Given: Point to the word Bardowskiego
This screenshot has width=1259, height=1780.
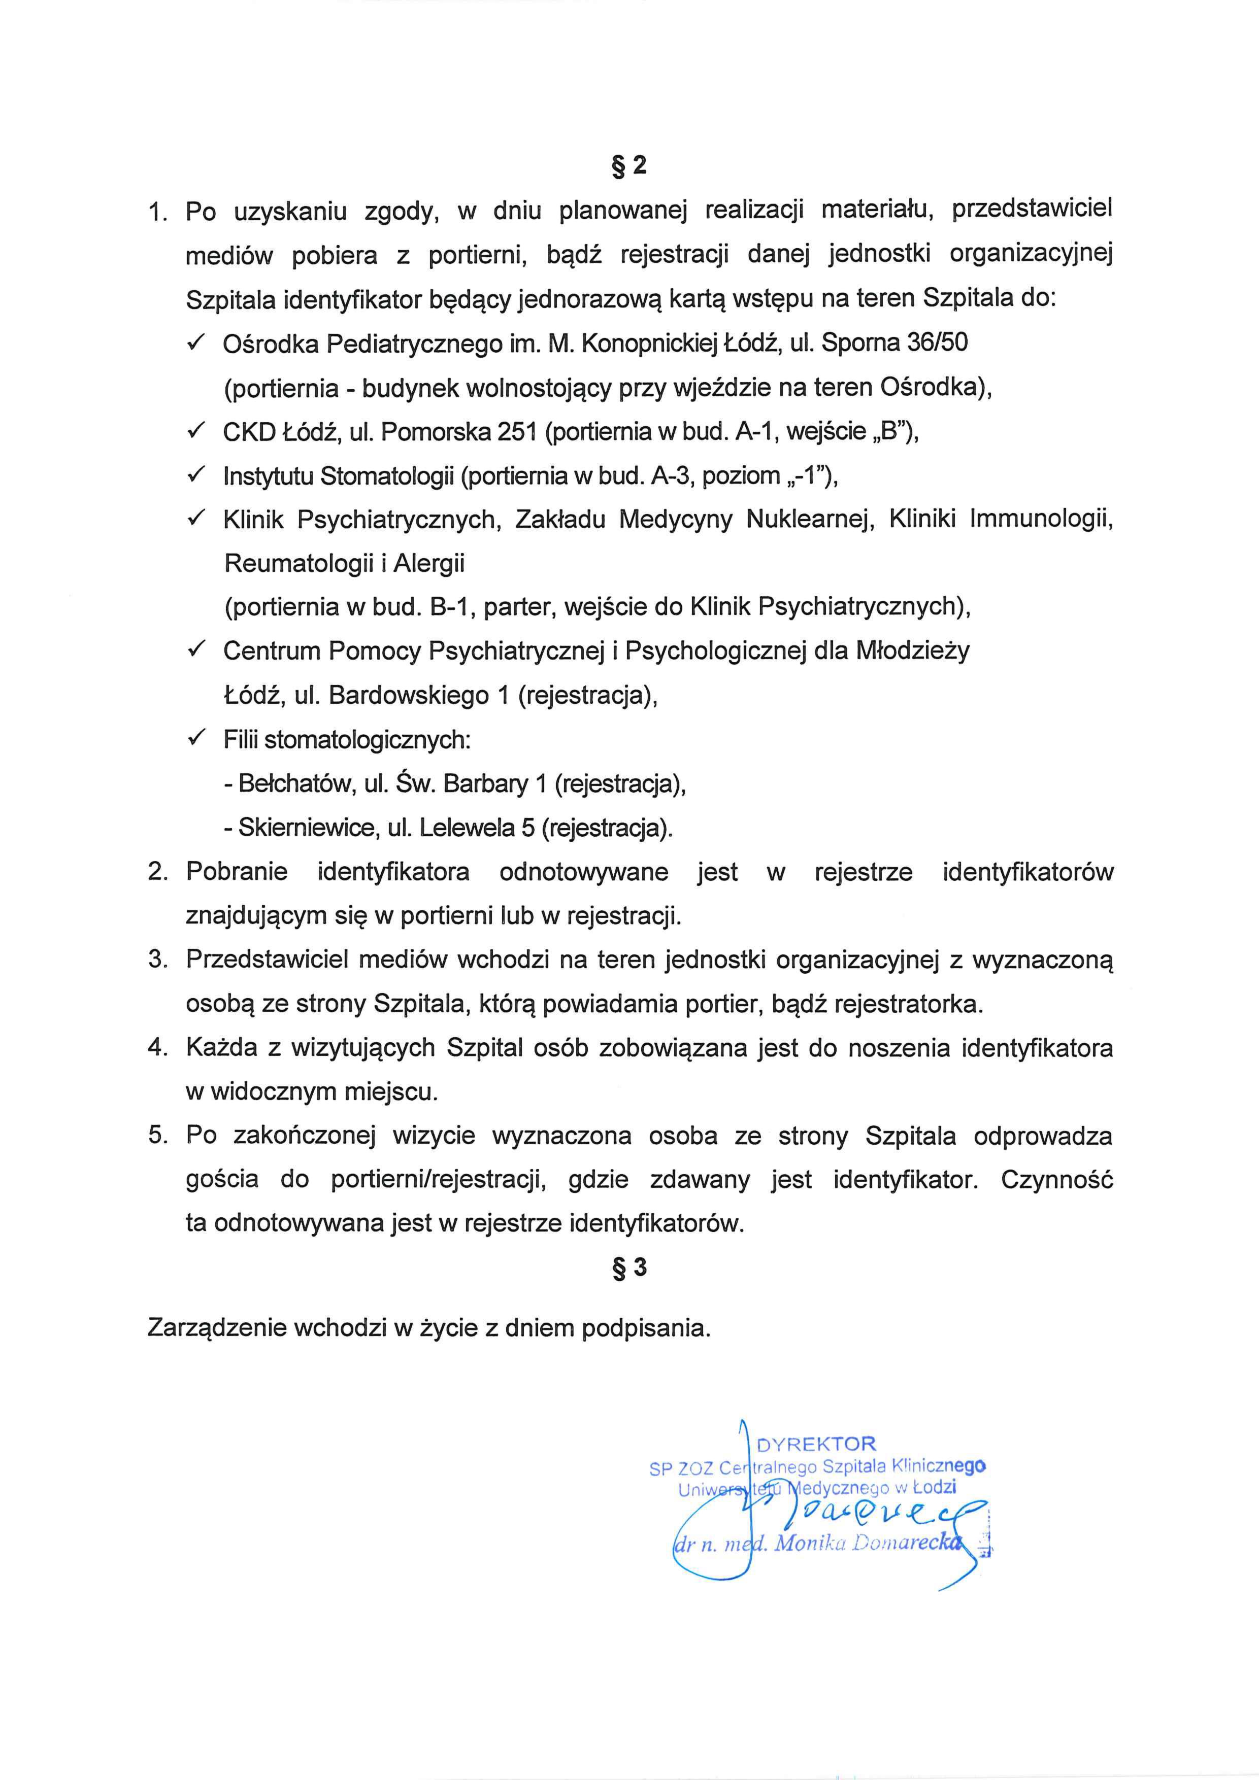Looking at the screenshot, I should pyautogui.click(x=409, y=696).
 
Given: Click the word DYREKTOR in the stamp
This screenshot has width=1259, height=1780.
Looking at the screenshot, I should pyautogui.click(x=816, y=1444).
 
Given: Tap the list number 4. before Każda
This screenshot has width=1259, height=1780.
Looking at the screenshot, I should pyautogui.click(x=157, y=1048).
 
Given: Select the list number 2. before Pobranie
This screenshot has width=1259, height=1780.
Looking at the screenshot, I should pyautogui.click(x=157, y=872).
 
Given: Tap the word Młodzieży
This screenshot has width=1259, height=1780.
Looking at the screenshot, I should pyautogui.click(x=912, y=651).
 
